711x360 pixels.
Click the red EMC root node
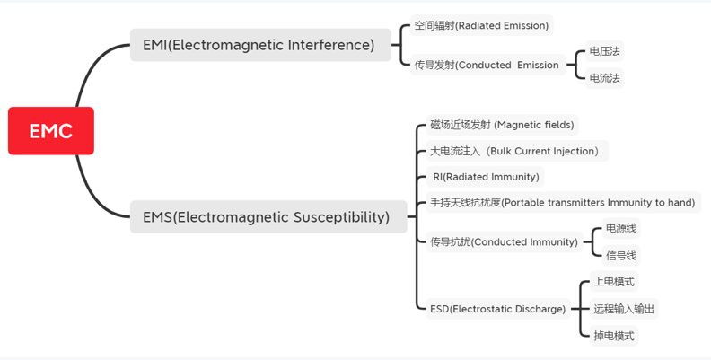[x=51, y=131]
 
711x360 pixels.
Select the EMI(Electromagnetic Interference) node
[x=259, y=45]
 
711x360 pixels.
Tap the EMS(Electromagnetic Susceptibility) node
[x=266, y=216]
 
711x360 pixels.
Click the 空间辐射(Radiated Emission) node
[x=481, y=26]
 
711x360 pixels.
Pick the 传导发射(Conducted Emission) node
[x=487, y=65]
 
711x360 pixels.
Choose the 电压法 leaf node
[x=604, y=51]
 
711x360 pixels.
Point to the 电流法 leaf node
[x=604, y=78]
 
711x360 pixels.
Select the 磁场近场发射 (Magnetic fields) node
[x=502, y=125]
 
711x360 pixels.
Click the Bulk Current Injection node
[x=514, y=151]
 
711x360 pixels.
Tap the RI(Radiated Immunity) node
[x=486, y=177]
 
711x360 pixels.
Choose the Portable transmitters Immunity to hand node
[x=562, y=203]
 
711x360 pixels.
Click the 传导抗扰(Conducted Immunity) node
[x=504, y=241]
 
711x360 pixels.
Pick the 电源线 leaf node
[x=621, y=228]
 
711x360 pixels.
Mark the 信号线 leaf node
[x=621, y=255]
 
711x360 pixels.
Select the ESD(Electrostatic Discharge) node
[x=497, y=309]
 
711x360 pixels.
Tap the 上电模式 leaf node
[x=614, y=282]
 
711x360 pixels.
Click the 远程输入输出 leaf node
[x=624, y=309]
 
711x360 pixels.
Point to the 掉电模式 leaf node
[x=614, y=336]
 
